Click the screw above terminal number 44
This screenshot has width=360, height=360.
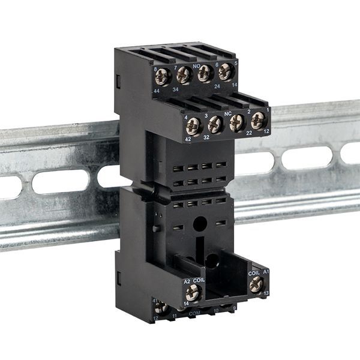click(x=163, y=77)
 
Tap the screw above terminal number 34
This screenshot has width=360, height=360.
click(x=184, y=75)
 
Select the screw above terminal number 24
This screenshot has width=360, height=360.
click(x=205, y=73)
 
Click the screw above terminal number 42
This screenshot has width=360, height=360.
click(x=193, y=125)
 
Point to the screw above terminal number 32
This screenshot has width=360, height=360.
click(x=215, y=124)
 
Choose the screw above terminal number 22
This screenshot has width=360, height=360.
click(x=237, y=122)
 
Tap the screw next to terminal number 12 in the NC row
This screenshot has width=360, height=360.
click(x=258, y=119)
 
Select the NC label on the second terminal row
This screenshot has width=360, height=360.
click(x=227, y=112)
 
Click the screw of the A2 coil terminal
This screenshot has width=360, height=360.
click(x=193, y=293)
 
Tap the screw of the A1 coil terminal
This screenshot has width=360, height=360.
click(x=256, y=284)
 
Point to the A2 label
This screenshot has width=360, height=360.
click(x=187, y=280)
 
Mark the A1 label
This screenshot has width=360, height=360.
click(x=266, y=272)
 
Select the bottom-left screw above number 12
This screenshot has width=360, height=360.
click(x=160, y=308)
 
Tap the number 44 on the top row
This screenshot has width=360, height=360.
click(x=156, y=90)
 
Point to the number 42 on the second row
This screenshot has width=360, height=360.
click(x=187, y=139)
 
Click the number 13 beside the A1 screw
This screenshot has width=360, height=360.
click(x=266, y=293)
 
